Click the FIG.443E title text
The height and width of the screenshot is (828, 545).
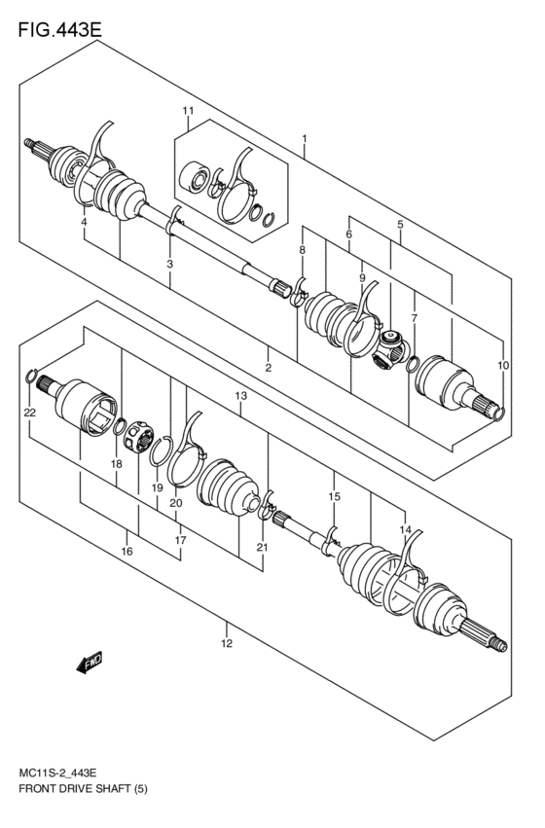pyautogui.click(x=60, y=29)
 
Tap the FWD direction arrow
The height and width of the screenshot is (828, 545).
pyautogui.click(x=90, y=663)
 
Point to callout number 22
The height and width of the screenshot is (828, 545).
pyautogui.click(x=30, y=413)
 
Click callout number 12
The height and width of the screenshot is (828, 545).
pyautogui.click(x=227, y=643)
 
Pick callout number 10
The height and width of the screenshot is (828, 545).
pyautogui.click(x=503, y=365)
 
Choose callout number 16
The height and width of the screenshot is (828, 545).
pyautogui.click(x=127, y=552)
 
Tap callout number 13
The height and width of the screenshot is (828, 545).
pyautogui.click(x=240, y=396)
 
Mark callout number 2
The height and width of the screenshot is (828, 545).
pyautogui.click(x=269, y=368)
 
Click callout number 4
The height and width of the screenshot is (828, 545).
pyautogui.click(x=84, y=222)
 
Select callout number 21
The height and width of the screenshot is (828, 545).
pyautogui.click(x=263, y=548)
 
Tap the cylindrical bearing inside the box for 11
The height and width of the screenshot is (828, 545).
pyautogui.click(x=194, y=181)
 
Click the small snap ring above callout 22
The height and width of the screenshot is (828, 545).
pyautogui.click(x=30, y=376)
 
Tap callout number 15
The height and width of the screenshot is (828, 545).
pyautogui.click(x=334, y=496)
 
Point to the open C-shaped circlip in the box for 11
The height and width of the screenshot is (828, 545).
pyautogui.click(x=269, y=218)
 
